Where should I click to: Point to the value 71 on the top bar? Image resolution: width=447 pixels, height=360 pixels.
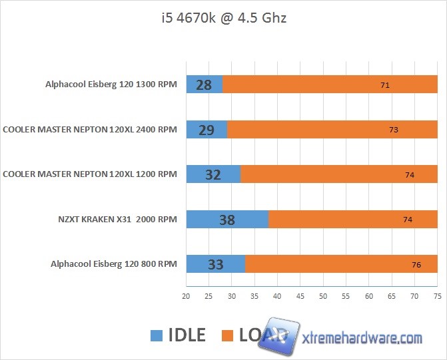(x=384, y=85)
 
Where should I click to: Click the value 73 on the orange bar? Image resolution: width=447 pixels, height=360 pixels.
(x=393, y=130)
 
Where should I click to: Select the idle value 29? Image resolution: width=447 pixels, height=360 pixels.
(x=207, y=130)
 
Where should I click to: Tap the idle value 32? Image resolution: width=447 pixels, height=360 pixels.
(x=213, y=174)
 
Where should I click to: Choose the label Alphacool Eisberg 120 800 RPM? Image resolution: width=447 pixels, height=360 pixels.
(x=114, y=264)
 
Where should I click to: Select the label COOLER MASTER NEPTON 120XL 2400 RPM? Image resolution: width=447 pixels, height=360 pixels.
(x=90, y=130)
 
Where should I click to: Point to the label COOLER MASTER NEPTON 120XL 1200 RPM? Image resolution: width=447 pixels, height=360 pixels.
(x=90, y=174)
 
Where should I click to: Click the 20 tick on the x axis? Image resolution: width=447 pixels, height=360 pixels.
(x=187, y=296)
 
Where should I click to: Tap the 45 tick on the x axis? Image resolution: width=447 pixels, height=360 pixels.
(x=300, y=296)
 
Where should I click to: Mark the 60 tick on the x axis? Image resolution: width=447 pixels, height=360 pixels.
(x=369, y=296)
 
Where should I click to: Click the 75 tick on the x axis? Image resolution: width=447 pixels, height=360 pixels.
(x=437, y=296)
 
